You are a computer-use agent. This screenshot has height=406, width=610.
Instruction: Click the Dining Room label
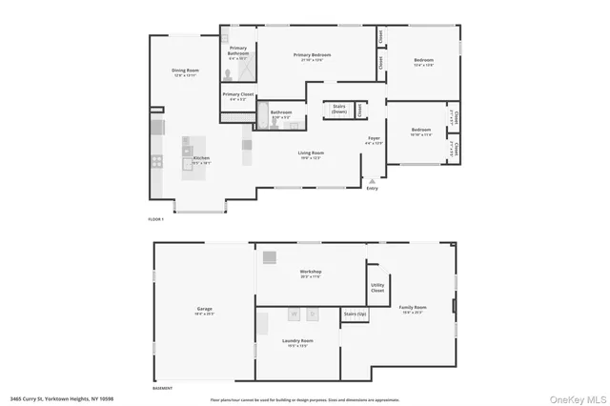click(185, 71)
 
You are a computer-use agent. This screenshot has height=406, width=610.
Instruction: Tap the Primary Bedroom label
click(313, 55)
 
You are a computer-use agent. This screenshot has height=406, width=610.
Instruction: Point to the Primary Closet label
click(237, 94)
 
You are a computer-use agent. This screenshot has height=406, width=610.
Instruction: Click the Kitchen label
click(202, 158)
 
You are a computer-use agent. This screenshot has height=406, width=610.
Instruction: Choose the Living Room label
click(312, 152)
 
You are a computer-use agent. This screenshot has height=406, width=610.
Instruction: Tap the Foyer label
click(375, 139)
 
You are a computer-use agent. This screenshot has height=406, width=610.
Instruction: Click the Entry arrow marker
click(372, 180)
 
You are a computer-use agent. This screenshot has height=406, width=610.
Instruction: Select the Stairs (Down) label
click(338, 108)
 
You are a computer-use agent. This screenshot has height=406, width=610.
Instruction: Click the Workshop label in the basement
click(311, 271)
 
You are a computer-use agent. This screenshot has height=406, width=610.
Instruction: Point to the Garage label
click(205, 309)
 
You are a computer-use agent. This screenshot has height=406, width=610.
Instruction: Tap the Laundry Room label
click(297, 340)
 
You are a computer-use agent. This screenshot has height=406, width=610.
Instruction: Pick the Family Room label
click(413, 308)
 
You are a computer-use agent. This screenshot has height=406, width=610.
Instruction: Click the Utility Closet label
click(377, 288)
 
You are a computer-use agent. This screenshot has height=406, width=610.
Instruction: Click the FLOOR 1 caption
click(156, 219)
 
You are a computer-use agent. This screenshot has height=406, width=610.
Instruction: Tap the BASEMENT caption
click(163, 388)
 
